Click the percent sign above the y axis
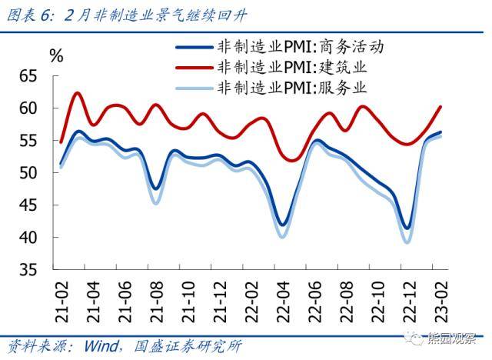[56, 55]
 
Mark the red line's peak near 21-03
[78, 93]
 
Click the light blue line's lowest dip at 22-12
[407, 242]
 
